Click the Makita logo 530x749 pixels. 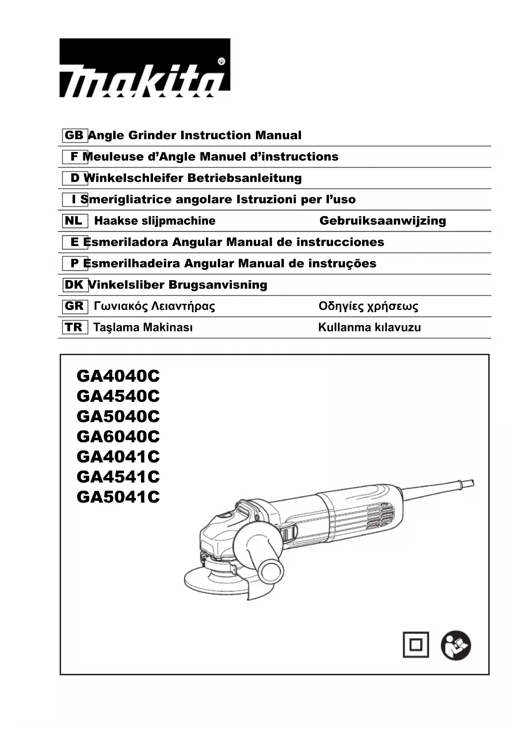[x=144, y=68]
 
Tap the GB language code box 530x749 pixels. [x=74, y=135]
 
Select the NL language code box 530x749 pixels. [x=74, y=221]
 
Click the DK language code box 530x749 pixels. [x=74, y=285]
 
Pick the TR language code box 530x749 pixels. [x=74, y=328]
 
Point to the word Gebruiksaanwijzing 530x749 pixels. [x=382, y=221]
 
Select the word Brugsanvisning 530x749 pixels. [x=218, y=285]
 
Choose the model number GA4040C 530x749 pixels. [x=118, y=376]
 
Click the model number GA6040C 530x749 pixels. [x=118, y=436]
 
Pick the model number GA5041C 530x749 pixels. [x=118, y=497]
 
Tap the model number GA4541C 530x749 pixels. [x=118, y=477]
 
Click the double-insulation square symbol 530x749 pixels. [x=416, y=645]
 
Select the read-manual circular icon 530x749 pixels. [x=455, y=645]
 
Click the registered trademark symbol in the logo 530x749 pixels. [x=221, y=61]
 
